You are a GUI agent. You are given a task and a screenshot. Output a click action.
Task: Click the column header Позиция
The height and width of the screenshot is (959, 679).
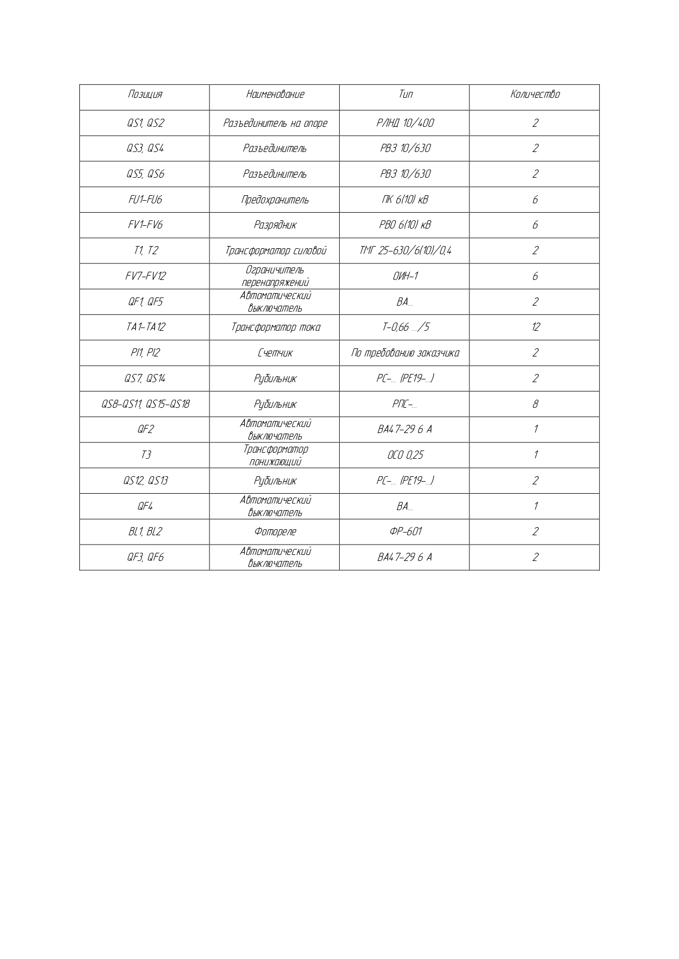pyautogui.click(x=145, y=95)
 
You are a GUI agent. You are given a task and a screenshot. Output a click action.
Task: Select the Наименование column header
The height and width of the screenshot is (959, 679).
pyautogui.click(x=275, y=95)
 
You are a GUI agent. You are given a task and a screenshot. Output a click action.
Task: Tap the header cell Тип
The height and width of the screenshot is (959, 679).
pyautogui.click(x=405, y=95)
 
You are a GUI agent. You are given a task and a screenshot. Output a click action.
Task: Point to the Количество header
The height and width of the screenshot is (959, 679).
pyautogui.click(x=535, y=95)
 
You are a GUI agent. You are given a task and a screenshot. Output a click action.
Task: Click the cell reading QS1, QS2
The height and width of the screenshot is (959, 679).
pyautogui.click(x=145, y=124)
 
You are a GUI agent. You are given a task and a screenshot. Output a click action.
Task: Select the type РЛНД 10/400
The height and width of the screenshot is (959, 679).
pyautogui.click(x=405, y=124)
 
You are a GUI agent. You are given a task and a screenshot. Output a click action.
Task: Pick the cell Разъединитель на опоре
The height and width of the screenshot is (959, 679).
pyautogui.click(x=275, y=124)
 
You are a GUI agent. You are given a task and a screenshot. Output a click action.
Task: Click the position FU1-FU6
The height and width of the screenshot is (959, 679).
pyautogui.click(x=145, y=200)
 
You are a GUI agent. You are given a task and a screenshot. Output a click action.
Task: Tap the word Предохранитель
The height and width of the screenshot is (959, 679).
pyautogui.click(x=275, y=200)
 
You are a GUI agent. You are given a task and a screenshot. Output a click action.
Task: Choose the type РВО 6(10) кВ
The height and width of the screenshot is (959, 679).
pyautogui.click(x=405, y=225)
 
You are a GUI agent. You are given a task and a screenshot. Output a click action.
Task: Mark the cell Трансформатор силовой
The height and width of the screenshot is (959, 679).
pyautogui.click(x=275, y=251)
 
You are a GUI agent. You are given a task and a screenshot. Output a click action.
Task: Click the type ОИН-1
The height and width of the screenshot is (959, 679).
pyautogui.click(x=405, y=277)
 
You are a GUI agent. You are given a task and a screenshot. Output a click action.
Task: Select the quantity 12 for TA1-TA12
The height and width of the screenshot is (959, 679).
pyautogui.click(x=535, y=328)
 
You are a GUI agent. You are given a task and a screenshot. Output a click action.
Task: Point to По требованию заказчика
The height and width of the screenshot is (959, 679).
pyautogui.click(x=405, y=353)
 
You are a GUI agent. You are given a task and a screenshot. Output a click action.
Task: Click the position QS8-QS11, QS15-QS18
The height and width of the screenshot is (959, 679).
pyautogui.click(x=145, y=405)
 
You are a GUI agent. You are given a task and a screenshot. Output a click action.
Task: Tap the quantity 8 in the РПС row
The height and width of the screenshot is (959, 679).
pyautogui.click(x=535, y=405)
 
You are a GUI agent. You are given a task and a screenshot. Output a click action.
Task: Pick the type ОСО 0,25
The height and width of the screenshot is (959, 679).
pyautogui.click(x=405, y=455)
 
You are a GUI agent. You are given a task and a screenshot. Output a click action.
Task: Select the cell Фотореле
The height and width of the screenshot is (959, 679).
pyautogui.click(x=275, y=532)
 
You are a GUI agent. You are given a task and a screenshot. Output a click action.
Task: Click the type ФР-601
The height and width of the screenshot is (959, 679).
pyautogui.click(x=405, y=532)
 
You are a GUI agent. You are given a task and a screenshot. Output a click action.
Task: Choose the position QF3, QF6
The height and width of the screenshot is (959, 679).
pyautogui.click(x=145, y=558)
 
